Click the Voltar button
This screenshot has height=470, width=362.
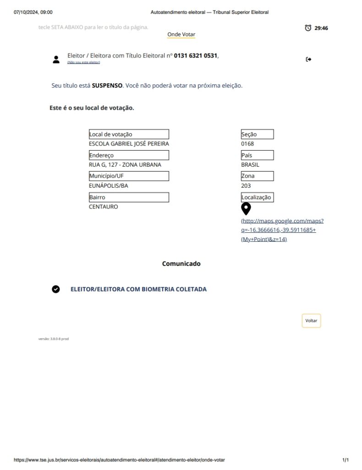click(x=311, y=321)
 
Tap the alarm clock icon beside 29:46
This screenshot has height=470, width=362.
click(x=308, y=28)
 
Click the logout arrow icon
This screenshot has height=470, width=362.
click(x=308, y=59)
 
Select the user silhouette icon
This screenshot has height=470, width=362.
click(x=56, y=59)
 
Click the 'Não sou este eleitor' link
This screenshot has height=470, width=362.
click(x=83, y=62)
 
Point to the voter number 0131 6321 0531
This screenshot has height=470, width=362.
click(x=195, y=56)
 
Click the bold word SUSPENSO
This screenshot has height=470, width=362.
click(x=107, y=85)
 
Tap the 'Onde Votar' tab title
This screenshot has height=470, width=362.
click(x=181, y=34)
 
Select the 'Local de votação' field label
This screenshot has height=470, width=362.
click(x=111, y=134)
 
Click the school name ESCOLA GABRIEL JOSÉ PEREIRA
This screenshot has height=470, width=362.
click(x=126, y=144)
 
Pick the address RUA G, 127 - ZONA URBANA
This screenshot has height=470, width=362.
click(x=125, y=165)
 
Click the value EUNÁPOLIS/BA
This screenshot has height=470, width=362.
click(x=109, y=186)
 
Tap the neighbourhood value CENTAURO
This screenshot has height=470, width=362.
click(x=103, y=207)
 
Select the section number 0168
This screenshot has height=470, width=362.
click(x=247, y=144)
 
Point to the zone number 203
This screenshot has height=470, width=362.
click(x=246, y=186)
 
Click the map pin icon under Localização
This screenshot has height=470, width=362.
click(x=246, y=209)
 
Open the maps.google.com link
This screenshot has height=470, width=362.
click(x=282, y=230)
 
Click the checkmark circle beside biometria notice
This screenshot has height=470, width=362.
click(x=56, y=289)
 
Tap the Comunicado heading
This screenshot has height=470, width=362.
click(x=181, y=264)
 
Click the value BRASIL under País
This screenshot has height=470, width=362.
click(x=250, y=165)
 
